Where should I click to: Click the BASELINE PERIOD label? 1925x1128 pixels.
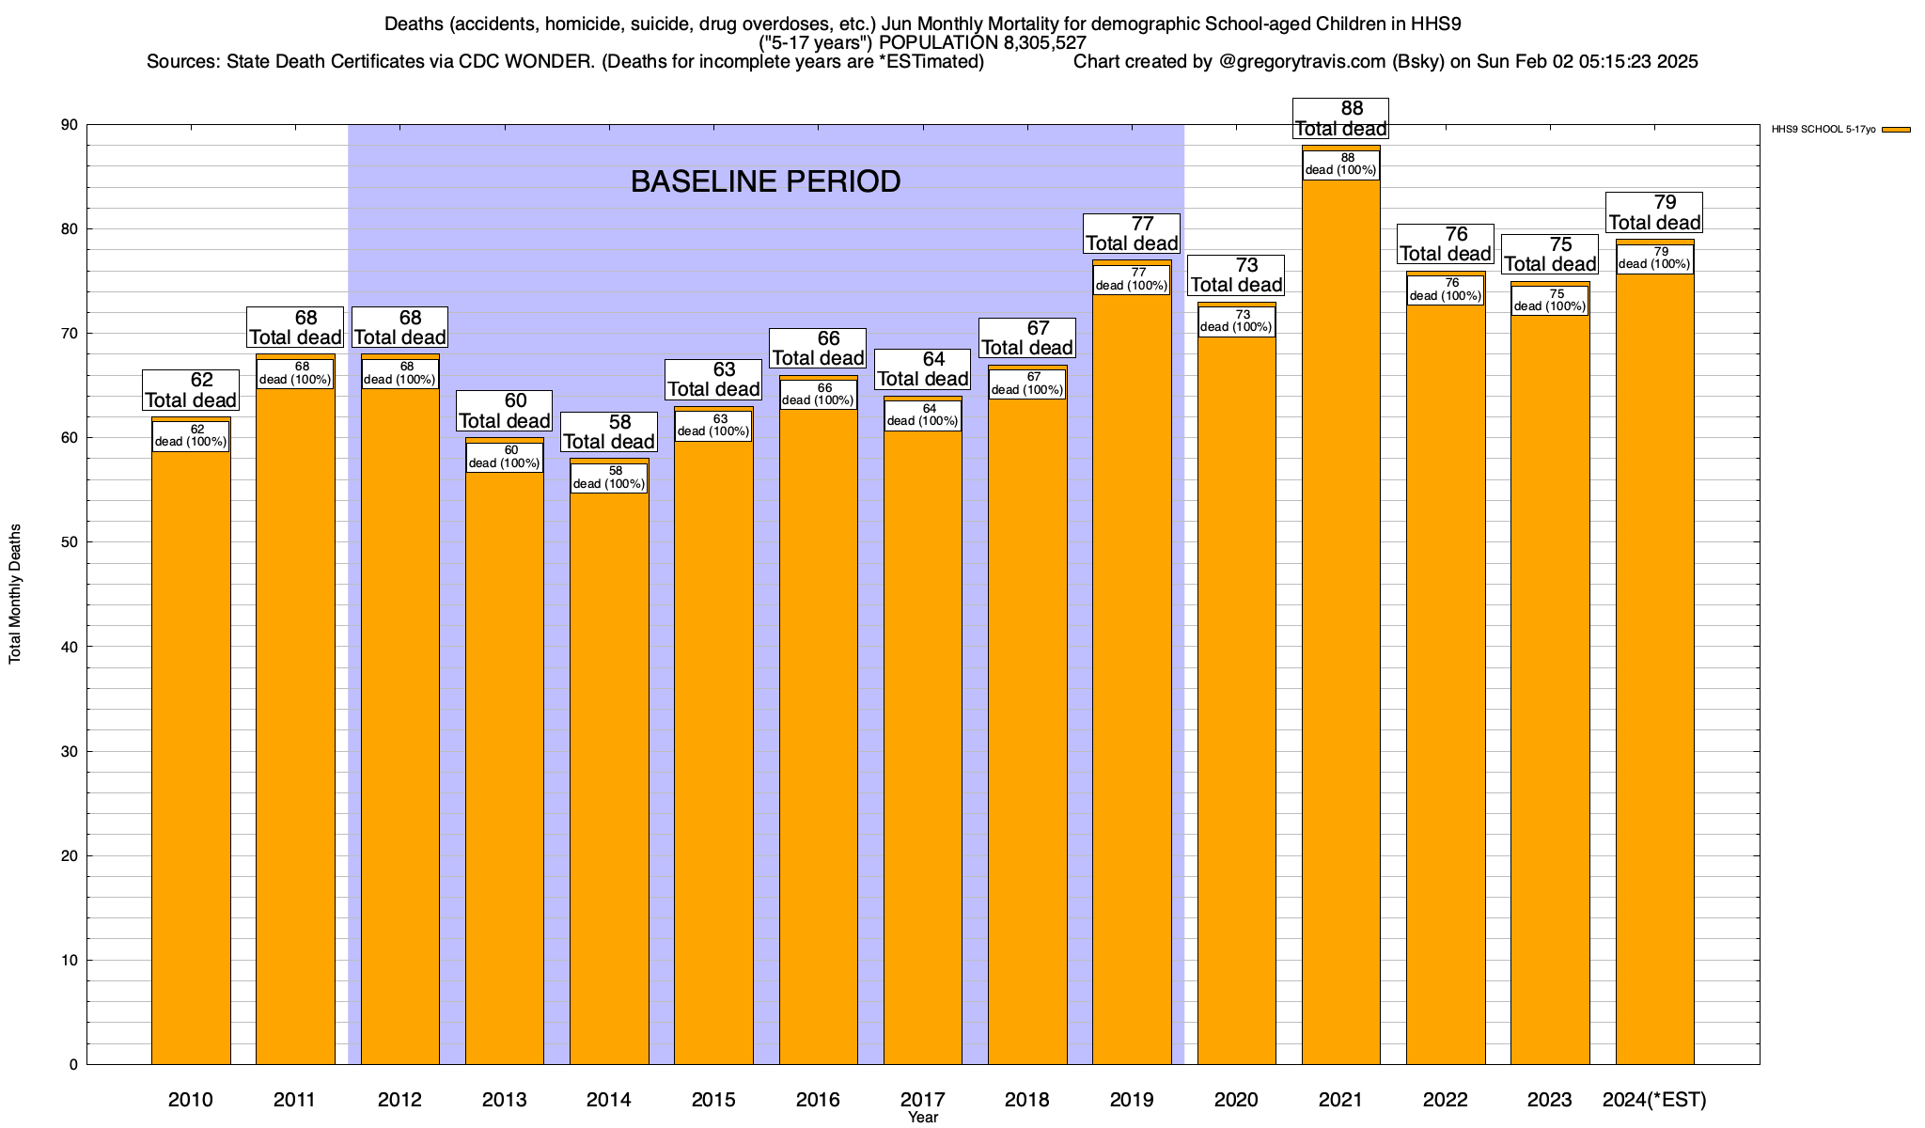[765, 181]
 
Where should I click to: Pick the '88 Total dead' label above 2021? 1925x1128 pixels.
[1341, 119]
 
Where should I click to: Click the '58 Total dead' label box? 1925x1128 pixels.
[609, 432]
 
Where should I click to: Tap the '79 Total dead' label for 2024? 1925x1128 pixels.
[1654, 212]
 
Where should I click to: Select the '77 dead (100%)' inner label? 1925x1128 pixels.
[1132, 279]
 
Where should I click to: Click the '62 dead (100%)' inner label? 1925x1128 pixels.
[191, 436]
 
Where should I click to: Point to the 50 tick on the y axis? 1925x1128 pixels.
[70, 542]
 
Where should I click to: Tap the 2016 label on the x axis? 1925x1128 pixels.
[818, 1100]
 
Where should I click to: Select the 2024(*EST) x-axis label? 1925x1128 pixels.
[1654, 1100]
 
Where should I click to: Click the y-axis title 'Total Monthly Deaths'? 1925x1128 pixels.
[15, 594]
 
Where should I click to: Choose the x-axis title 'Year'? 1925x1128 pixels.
[923, 1118]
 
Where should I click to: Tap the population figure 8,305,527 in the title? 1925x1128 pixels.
[1032, 43]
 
